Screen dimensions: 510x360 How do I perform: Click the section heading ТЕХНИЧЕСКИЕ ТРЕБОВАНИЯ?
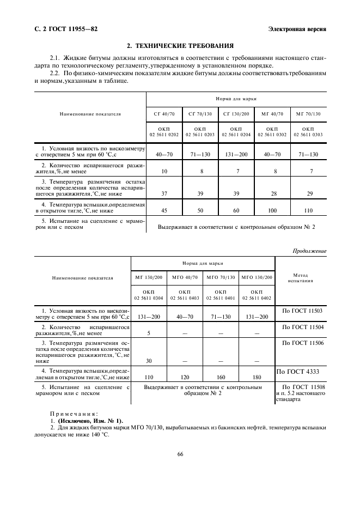coord(180,46)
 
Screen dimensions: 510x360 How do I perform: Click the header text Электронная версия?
coord(298,29)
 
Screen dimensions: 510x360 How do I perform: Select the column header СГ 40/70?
coord(164,114)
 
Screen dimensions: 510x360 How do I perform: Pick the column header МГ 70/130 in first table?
coord(308,114)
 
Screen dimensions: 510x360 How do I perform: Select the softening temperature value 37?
coord(164,193)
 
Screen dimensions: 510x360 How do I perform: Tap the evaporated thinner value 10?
coord(164,171)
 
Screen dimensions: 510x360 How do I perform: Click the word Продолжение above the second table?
coord(309,251)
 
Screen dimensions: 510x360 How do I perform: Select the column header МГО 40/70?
coord(184,277)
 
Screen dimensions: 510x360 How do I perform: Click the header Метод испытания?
coord(301,278)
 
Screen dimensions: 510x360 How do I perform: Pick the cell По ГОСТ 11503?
coord(301,311)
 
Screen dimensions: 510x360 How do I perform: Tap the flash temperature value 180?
coord(257,377)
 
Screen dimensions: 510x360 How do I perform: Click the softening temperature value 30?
coord(148,360)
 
